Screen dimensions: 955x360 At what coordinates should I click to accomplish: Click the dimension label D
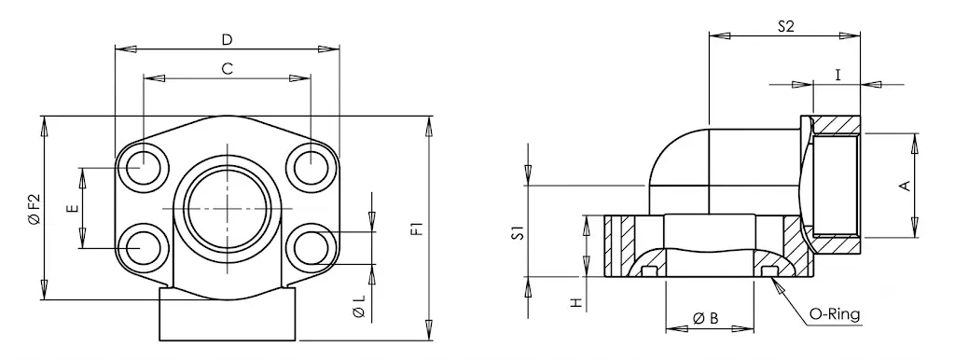click(227, 40)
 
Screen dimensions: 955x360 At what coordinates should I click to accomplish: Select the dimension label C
click(228, 69)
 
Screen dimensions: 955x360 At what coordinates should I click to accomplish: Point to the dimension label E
click(74, 208)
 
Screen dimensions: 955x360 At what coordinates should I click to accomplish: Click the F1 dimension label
click(417, 229)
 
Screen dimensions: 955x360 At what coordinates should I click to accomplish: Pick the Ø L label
click(359, 307)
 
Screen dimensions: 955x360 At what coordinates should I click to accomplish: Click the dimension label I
click(838, 75)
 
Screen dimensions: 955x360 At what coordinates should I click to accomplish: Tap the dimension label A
click(905, 186)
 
